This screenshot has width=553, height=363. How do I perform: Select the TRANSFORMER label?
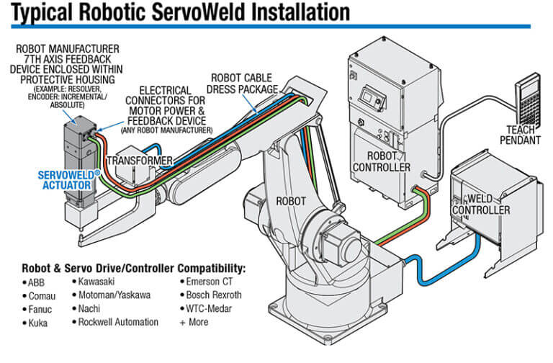pos(140,160)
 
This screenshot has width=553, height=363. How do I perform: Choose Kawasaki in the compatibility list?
pos(98,282)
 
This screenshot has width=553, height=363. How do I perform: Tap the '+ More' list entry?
pos(197,322)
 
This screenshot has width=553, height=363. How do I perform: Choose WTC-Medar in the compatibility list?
pos(210,308)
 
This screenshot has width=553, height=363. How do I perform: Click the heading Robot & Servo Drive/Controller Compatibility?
pos(134,268)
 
